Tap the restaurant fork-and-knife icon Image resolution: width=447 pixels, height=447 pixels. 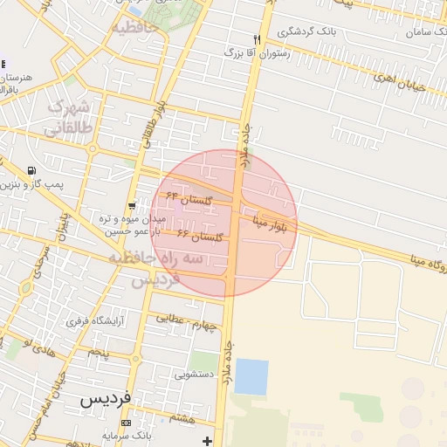(x=257, y=39)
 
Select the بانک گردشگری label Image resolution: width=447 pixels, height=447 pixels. (x=306, y=31)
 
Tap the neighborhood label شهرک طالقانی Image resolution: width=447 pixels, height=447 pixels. (x=70, y=117)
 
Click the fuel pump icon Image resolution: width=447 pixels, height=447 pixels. (x=32, y=171)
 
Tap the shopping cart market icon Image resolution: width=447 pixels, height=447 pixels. (x=131, y=206)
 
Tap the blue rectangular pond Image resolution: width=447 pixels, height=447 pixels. (x=251, y=376)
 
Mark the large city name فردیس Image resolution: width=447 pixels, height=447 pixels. (x=105, y=398)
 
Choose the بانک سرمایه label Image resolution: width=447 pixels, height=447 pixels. (x=149, y=434)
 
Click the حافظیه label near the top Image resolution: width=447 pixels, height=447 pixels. (x=134, y=27)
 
